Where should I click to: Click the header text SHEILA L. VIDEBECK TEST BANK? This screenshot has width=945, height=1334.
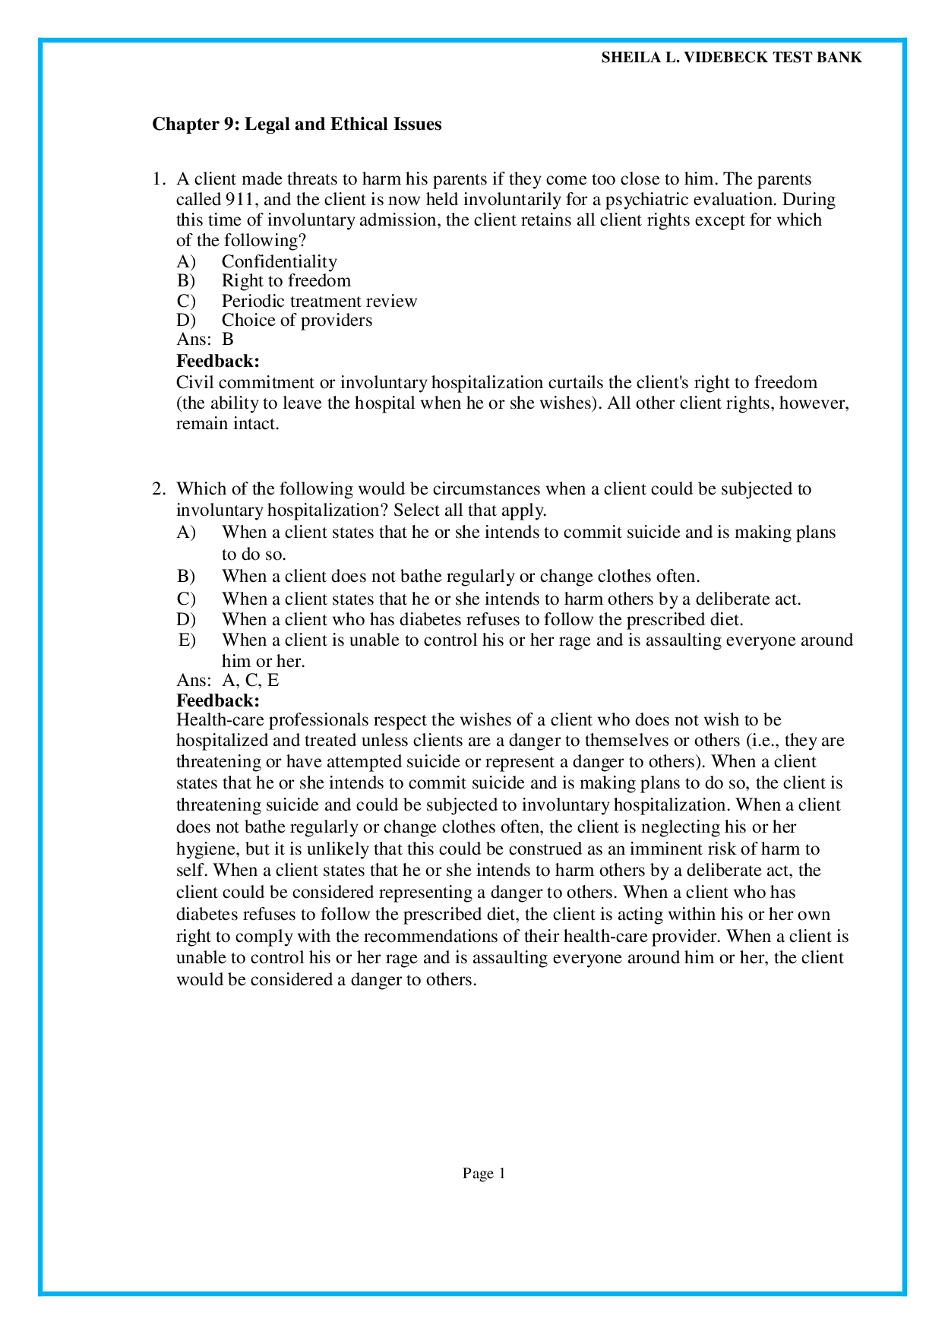point(731,58)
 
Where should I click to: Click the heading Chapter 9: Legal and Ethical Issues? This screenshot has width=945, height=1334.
point(296,124)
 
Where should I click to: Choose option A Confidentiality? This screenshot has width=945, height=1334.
point(279,261)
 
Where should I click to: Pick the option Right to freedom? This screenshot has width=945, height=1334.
point(286,280)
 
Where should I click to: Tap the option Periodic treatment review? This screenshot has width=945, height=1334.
point(319,301)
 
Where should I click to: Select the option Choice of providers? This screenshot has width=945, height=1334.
point(296,320)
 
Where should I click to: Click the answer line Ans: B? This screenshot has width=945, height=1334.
point(205,340)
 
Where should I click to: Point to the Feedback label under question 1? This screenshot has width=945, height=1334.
point(218,361)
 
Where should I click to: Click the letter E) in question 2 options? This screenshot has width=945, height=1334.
point(187,640)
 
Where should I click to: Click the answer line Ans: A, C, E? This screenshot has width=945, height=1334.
point(228,680)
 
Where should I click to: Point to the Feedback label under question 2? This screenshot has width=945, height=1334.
point(218,700)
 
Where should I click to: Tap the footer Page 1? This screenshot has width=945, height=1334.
point(484,1174)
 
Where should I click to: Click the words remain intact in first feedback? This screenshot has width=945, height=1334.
point(227,424)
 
